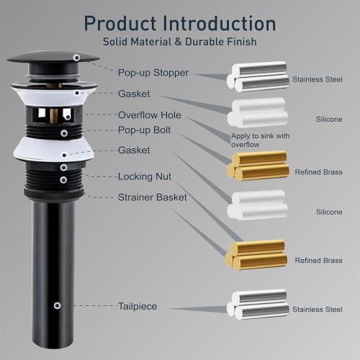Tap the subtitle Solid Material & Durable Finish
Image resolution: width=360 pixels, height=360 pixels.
[179, 42]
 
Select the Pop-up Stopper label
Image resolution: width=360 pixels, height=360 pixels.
[153, 73]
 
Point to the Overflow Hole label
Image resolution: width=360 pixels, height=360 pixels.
[150, 115]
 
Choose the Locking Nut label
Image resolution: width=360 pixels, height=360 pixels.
[145, 176]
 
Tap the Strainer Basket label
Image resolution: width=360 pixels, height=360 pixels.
[152, 197]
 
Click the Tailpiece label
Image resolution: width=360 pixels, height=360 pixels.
[138, 306]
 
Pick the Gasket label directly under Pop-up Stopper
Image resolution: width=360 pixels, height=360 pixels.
[134, 94]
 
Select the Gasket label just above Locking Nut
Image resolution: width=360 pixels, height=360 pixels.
[134, 150]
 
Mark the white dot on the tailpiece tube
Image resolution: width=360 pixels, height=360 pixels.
[57, 305]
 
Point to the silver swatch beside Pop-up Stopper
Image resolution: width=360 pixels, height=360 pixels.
[256, 77]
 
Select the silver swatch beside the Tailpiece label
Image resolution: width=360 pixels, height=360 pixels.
[256, 304]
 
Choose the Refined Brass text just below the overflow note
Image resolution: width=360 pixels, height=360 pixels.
[318, 172]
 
